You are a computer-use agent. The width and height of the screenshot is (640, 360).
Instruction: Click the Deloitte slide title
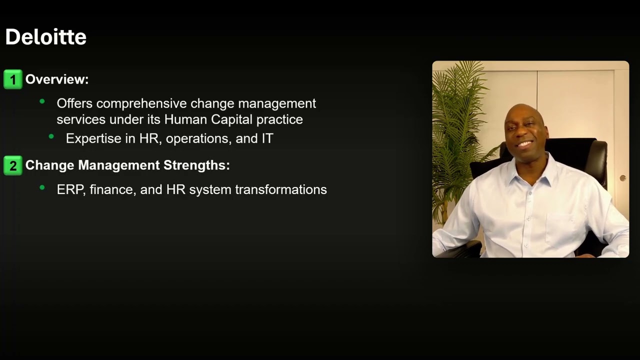[45, 37]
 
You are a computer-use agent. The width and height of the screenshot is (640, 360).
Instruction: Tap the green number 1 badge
[13, 79]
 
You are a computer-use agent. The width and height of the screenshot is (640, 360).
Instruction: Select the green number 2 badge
[13, 165]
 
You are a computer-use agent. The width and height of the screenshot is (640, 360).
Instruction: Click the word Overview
[56, 79]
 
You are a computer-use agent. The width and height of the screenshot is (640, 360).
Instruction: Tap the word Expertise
[93, 138]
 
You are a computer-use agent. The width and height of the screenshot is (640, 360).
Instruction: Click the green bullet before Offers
[42, 101]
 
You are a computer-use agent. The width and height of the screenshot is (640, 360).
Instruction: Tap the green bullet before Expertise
[51, 136]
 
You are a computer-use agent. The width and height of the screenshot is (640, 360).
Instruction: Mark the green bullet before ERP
[42, 188]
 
